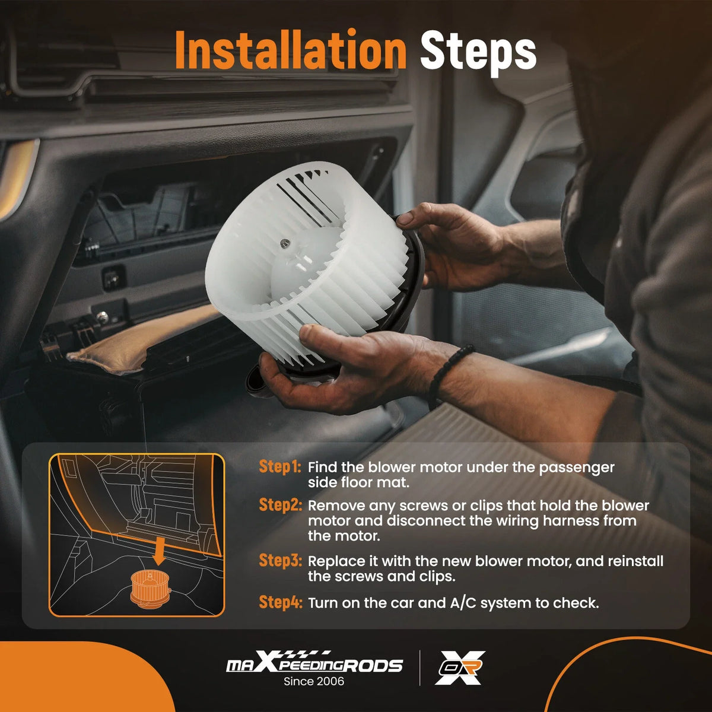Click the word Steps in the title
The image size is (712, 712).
(x=478, y=53)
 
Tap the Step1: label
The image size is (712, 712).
(x=280, y=466)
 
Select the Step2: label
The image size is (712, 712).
(x=281, y=505)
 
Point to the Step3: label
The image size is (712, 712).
(x=281, y=560)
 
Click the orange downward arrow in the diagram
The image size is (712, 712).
(x=159, y=551)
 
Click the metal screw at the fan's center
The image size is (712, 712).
(x=285, y=243)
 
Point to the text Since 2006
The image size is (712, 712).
(x=314, y=681)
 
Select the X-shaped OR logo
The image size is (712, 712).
(x=460, y=667)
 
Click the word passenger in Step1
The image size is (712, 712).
(x=577, y=468)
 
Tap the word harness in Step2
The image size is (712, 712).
(x=571, y=520)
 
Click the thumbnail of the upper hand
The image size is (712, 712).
(x=405, y=218)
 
